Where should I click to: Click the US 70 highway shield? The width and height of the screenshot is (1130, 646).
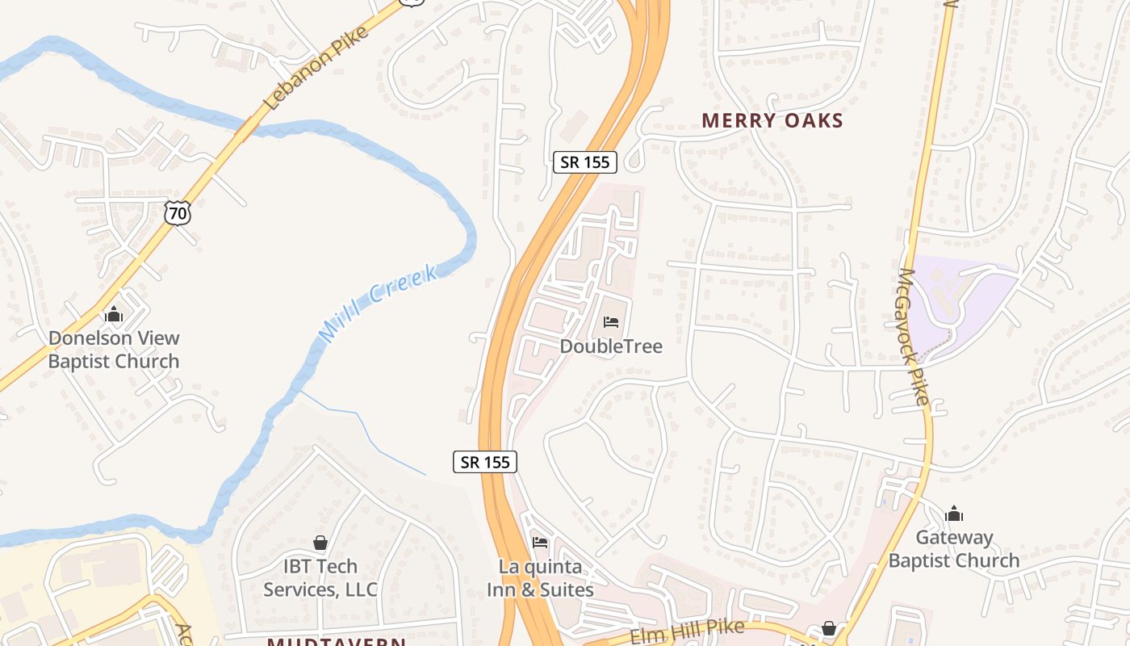(x=178, y=213)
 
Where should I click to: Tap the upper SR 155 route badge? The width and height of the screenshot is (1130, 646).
(x=586, y=161)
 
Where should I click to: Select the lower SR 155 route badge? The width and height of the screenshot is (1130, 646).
(x=484, y=462)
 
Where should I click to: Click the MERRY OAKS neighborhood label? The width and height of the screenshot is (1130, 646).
(x=772, y=121)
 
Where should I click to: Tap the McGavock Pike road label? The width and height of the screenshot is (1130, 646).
(x=914, y=336)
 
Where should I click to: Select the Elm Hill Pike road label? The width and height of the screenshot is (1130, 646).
(x=687, y=631)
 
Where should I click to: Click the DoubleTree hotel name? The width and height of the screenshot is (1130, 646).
(x=611, y=346)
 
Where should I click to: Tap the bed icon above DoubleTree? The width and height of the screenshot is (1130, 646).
(x=611, y=322)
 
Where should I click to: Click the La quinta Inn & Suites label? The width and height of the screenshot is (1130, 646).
(x=540, y=578)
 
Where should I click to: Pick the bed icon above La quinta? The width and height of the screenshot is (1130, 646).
(x=540, y=542)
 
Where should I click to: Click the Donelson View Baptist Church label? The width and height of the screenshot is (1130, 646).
(x=114, y=350)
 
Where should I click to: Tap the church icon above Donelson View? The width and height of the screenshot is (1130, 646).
(x=114, y=313)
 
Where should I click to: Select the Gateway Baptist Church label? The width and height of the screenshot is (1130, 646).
(x=954, y=549)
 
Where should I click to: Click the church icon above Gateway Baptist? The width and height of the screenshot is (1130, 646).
(x=954, y=514)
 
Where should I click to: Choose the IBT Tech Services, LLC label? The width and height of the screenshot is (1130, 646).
(x=320, y=578)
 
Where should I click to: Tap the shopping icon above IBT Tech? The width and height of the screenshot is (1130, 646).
(x=320, y=543)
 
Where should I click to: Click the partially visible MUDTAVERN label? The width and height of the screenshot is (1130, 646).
(x=337, y=641)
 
